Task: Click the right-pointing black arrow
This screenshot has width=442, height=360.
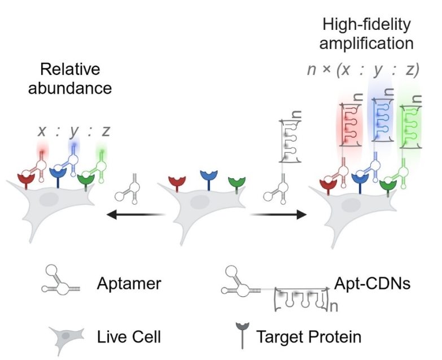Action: (x=278, y=214)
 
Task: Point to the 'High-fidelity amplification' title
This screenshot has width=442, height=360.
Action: (x=367, y=34)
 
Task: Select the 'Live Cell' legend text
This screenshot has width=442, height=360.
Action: (x=128, y=337)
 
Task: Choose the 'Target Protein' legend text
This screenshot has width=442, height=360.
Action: (x=308, y=337)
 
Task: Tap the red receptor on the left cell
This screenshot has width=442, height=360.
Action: (x=27, y=180)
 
